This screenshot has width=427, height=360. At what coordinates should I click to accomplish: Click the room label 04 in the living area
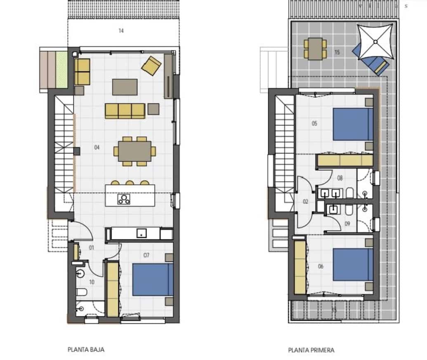[x=97, y=147]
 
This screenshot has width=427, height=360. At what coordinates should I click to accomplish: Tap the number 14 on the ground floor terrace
[x=120, y=31]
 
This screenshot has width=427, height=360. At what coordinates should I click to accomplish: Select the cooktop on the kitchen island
[x=123, y=199]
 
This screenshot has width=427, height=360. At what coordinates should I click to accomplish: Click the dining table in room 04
[x=134, y=151]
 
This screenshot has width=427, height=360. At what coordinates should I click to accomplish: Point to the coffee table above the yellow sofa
[x=125, y=87]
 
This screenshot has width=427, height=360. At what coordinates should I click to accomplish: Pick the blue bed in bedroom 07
[x=152, y=280]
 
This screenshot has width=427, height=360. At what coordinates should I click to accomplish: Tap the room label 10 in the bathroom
[x=92, y=282]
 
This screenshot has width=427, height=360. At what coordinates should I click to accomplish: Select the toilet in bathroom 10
[x=81, y=292]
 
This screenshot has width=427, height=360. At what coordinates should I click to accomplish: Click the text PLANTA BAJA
[x=86, y=350]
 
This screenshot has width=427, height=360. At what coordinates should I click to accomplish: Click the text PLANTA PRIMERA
[x=311, y=350]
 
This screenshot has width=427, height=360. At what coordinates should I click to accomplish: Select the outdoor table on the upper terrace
[x=315, y=49]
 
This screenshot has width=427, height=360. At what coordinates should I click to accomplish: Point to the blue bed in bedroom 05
[x=352, y=124]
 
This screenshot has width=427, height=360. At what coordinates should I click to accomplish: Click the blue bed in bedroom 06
[x=352, y=264]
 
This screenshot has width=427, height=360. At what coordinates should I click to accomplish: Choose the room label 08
[x=340, y=179]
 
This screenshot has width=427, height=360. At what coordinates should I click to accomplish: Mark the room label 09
[x=347, y=224]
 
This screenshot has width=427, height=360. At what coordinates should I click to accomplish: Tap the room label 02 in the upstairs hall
[x=306, y=202]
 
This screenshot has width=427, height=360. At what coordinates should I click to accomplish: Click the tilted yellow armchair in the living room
[x=151, y=66]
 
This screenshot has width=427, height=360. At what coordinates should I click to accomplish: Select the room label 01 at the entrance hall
[x=91, y=248]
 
